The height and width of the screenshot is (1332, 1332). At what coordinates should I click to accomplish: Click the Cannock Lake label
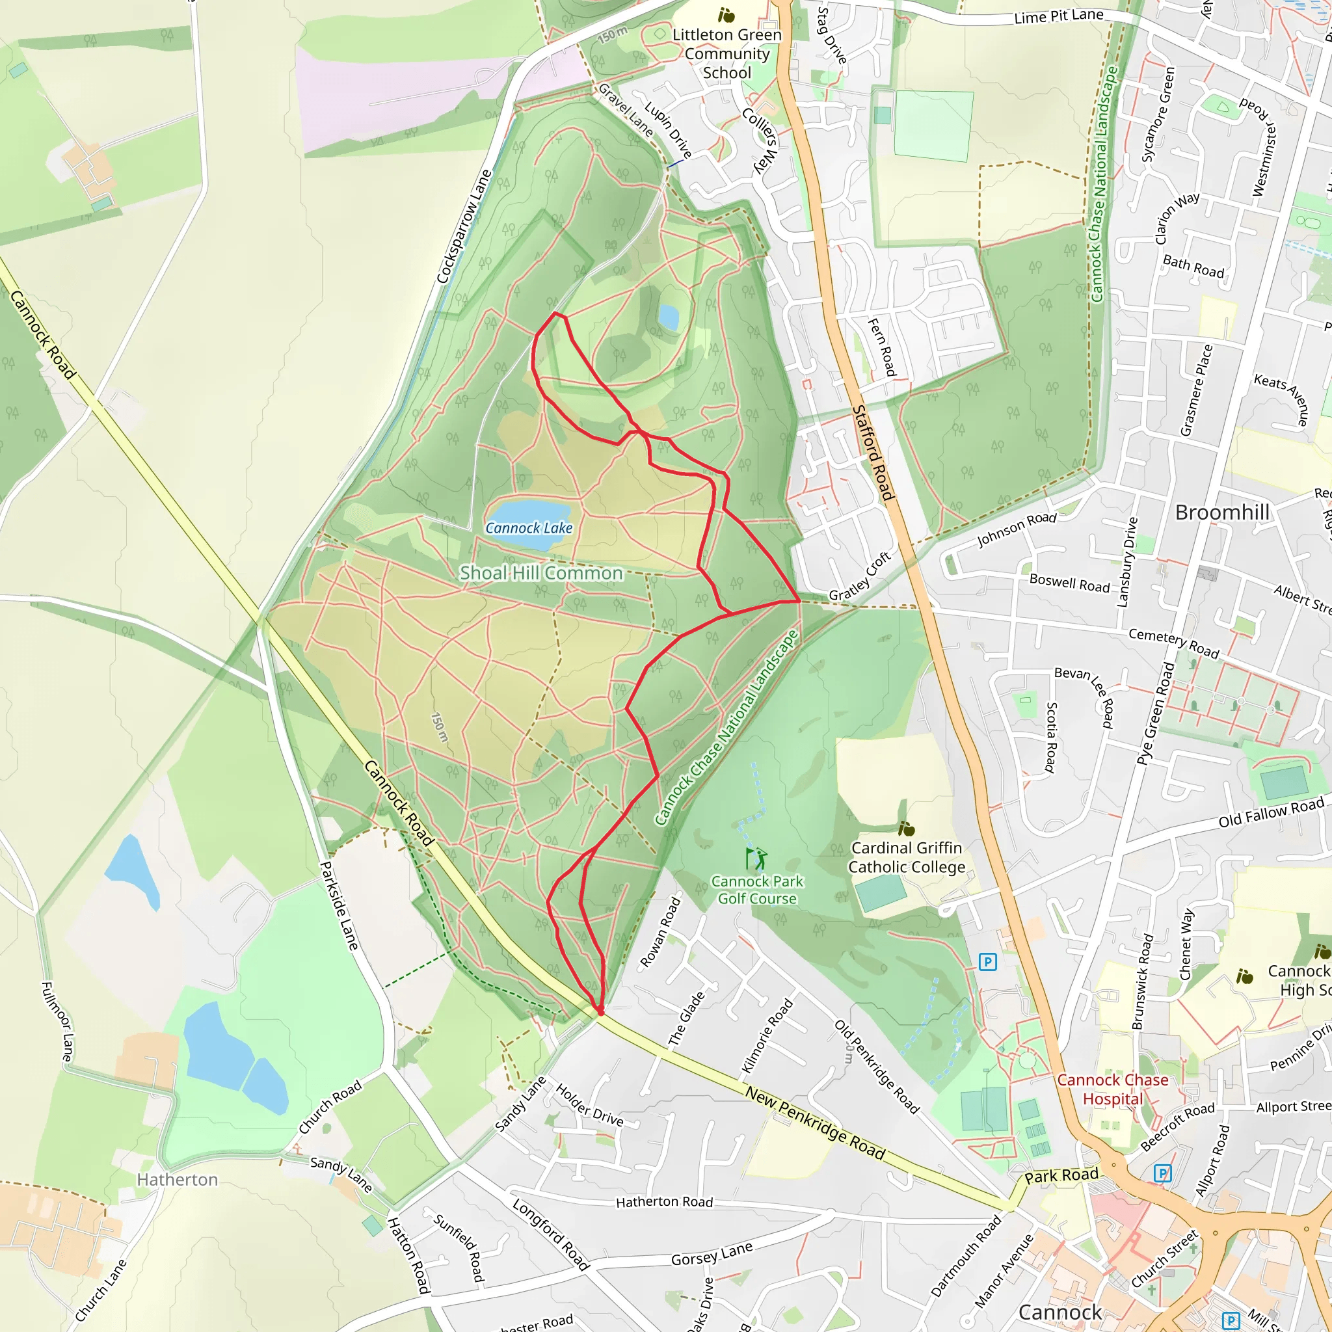[x=529, y=528]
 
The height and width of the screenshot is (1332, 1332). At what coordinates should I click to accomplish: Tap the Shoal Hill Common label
[x=541, y=573]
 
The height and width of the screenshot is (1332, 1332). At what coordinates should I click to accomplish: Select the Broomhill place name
[x=1221, y=513]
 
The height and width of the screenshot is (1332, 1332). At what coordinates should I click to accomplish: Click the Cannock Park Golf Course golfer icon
[x=756, y=859]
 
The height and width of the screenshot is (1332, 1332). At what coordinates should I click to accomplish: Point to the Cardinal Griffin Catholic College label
[x=906, y=858]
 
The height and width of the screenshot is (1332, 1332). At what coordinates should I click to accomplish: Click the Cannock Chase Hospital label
[x=1112, y=1090]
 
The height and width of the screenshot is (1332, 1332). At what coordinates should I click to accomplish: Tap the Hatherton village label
[x=177, y=1180]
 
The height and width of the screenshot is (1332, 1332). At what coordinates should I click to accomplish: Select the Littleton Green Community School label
[x=726, y=54]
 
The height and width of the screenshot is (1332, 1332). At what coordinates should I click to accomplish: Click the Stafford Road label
[x=873, y=453]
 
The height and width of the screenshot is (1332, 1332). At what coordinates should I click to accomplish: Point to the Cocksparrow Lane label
[x=464, y=226]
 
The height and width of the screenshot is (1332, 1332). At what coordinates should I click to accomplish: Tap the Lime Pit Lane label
[x=1058, y=16]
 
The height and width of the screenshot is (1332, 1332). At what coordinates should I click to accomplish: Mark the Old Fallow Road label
[x=1272, y=812]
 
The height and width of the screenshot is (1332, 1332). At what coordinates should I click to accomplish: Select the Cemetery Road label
[x=1173, y=643]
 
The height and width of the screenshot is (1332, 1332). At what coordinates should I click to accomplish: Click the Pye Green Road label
[x=1156, y=713]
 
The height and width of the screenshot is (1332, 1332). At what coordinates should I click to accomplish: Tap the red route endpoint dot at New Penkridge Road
[x=600, y=1011]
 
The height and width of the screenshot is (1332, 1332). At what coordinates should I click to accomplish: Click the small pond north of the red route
[x=668, y=318]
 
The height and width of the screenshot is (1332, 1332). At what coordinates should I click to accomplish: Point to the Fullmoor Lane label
[x=57, y=1022]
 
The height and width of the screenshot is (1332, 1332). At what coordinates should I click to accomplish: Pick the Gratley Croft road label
[x=860, y=576]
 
